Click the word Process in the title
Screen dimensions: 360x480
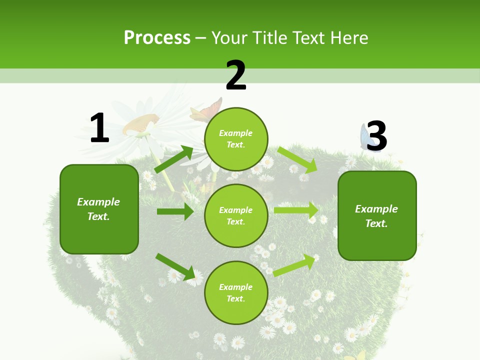[157, 37]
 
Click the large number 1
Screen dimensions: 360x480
[99, 128]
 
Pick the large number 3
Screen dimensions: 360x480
[376, 135]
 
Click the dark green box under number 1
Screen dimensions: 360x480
[99, 209]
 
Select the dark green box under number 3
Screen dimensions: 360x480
[377, 215]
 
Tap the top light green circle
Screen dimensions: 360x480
[236, 139]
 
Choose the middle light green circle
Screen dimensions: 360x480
[236, 215]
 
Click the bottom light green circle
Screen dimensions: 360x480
[236, 292]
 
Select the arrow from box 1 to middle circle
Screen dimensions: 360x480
[175, 211]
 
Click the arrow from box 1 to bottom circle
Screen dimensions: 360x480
[175, 266]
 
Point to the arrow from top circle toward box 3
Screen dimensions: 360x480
[297, 159]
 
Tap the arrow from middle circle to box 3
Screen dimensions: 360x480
[296, 210]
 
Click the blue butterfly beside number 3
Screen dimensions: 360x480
[363, 136]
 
